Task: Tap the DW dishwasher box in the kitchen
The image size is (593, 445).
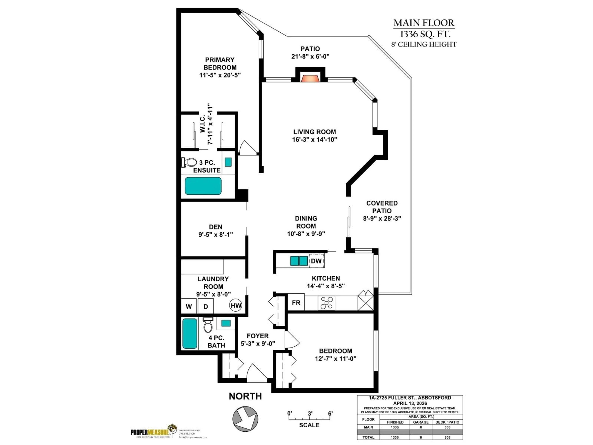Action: tap(316, 261)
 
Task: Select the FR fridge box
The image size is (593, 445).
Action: tap(296, 303)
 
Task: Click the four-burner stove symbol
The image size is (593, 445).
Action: tap(326, 303)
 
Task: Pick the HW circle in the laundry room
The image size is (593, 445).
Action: tap(236, 305)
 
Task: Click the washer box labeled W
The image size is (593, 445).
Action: tap(189, 306)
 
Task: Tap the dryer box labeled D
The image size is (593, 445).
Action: tap(206, 306)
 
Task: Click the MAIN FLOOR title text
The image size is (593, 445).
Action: tap(424, 23)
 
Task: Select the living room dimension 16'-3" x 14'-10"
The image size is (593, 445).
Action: tap(314, 140)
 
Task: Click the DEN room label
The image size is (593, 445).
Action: tap(216, 227)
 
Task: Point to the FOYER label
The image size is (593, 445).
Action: tap(257, 336)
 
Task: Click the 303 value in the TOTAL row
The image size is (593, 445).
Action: tap(447, 437)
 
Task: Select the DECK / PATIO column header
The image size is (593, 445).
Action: tap(447, 422)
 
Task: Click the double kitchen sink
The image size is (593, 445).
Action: tap(299, 261)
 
